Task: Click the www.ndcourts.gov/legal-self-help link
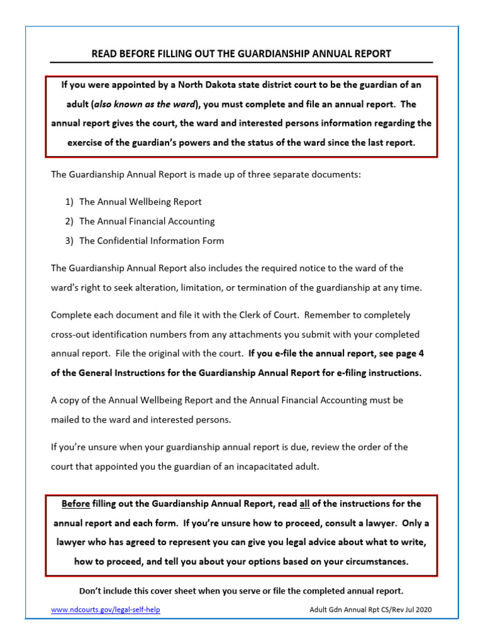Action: coord(106,610)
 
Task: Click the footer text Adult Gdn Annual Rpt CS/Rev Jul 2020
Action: coord(371,610)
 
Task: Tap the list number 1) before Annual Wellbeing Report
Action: coord(69,202)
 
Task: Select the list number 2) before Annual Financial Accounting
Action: coord(69,221)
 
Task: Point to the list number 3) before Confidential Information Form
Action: coord(69,241)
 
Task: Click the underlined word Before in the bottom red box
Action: coord(75,504)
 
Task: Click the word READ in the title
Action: coord(104,54)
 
